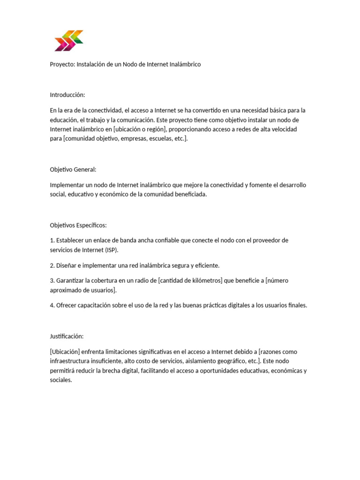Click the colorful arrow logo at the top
(69, 40)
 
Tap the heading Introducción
(67, 95)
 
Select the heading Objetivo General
(73, 170)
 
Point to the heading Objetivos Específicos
(78, 225)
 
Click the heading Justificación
(67, 336)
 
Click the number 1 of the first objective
(52, 240)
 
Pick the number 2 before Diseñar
(52, 265)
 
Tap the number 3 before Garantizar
(52, 281)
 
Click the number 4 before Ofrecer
(52, 305)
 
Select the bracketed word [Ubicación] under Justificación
(66, 352)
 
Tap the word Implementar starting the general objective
(67, 185)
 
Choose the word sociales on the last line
(61, 380)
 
